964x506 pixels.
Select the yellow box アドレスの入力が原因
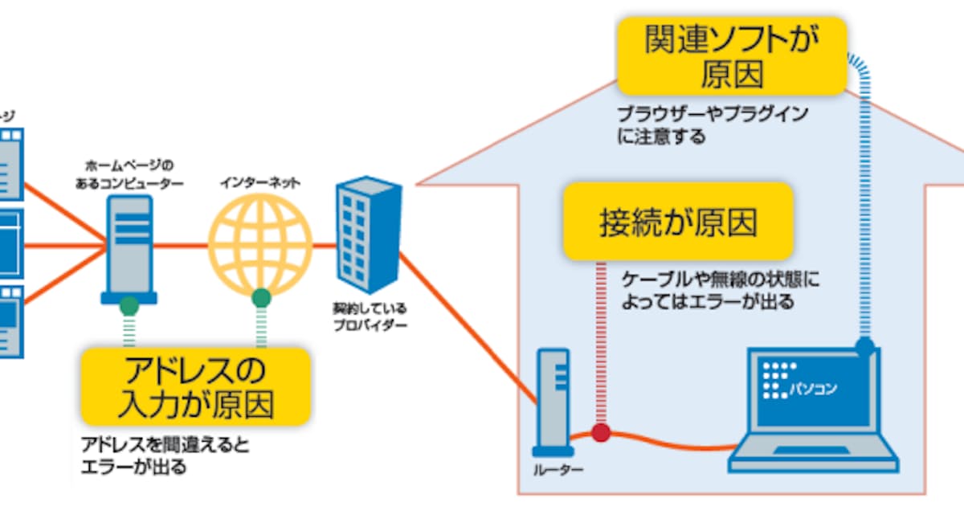click(196, 386)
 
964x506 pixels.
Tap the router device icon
click(553, 402)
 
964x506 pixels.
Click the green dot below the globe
click(260, 299)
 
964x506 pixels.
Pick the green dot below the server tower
click(129, 306)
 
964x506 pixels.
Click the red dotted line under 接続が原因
click(598, 337)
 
